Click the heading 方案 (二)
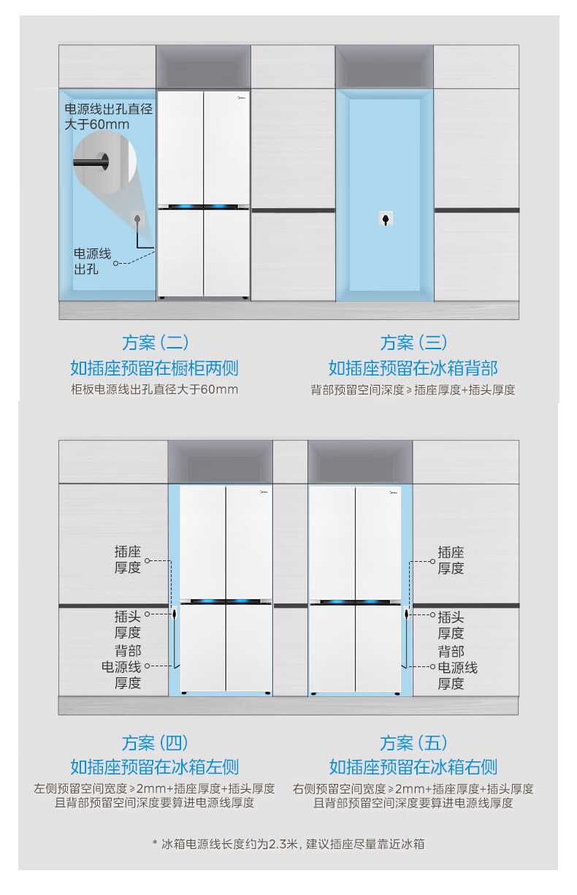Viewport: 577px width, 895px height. [x=155, y=342]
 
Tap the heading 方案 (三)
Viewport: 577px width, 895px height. [x=413, y=342]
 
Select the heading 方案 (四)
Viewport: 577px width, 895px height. [x=155, y=743]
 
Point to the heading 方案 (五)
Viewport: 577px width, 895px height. [x=413, y=743]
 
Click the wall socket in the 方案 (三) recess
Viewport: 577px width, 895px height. [x=386, y=218]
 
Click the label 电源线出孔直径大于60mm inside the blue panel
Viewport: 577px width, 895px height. [x=108, y=117]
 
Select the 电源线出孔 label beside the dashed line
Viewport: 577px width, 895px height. [x=92, y=261]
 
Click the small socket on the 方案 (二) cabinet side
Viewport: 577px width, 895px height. [x=137, y=218]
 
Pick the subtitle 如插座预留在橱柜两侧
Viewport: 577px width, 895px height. [x=154, y=367]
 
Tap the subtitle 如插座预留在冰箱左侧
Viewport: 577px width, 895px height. [x=154, y=766]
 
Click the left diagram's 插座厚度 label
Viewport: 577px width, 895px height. [x=127, y=560]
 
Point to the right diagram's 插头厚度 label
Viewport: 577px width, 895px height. [x=451, y=625]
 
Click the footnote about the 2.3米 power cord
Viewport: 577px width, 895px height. [x=288, y=844]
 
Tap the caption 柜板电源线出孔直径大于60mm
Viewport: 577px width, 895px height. [x=154, y=389]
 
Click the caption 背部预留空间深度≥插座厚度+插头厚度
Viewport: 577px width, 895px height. [x=413, y=389]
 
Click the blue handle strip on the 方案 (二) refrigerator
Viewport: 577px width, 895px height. [x=204, y=207]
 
